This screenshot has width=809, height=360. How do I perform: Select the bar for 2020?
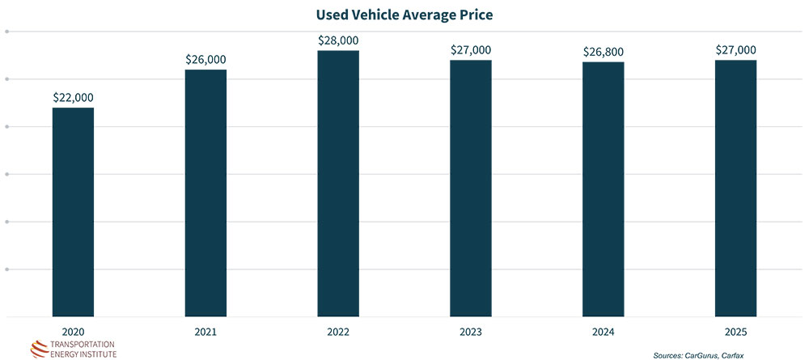coord(73,211)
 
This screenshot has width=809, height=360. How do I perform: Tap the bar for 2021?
coord(205,193)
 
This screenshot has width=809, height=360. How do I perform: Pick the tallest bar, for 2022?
coord(338,183)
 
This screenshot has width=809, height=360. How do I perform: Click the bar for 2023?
coord(471,188)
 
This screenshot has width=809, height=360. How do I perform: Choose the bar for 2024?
coord(603,188)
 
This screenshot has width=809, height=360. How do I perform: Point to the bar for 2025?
coord(735,188)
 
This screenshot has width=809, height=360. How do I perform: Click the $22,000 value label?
coord(73,97)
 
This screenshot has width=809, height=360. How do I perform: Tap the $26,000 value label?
coord(205,59)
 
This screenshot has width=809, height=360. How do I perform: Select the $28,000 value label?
coord(338,40)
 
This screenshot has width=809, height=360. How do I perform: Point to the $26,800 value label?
coord(603,52)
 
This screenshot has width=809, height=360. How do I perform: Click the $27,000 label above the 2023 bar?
coord(471,49)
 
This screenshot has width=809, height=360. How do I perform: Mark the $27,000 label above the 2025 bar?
coord(735,49)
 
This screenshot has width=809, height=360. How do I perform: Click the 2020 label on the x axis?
coord(73,331)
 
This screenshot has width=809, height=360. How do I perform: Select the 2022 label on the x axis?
coord(338,331)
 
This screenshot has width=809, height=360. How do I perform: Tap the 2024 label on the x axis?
coord(603,331)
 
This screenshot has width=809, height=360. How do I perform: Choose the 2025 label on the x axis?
coord(735,331)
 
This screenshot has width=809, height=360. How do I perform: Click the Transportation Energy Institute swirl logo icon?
coord(40,348)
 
